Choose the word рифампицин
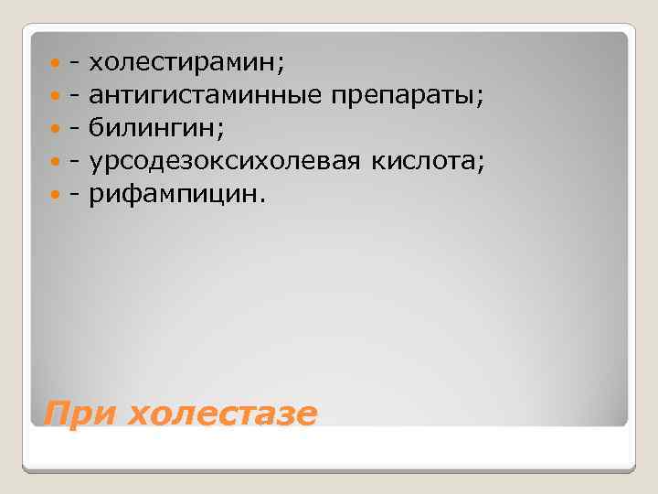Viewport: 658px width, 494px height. click(x=174, y=194)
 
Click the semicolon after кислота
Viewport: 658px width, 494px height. click(x=480, y=164)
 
